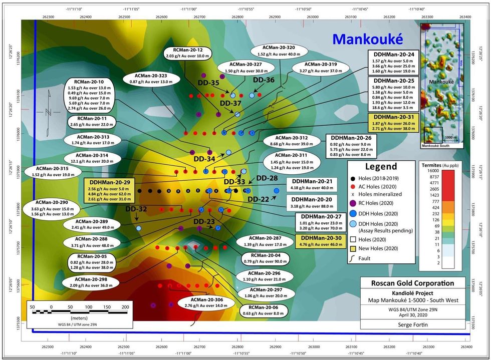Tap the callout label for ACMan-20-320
[276, 51]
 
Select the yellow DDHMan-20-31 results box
[393, 123]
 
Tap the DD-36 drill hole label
[264, 80]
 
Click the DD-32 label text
[135, 209]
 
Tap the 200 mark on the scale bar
[124, 307]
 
